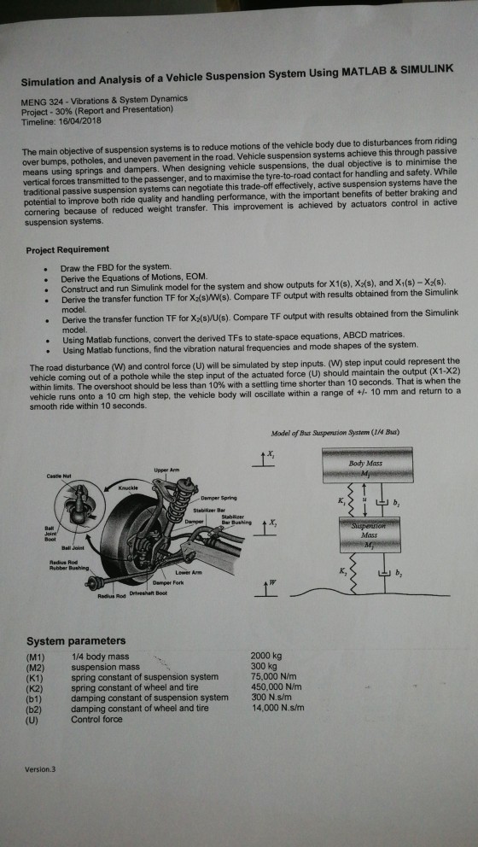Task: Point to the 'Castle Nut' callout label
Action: tap(52, 479)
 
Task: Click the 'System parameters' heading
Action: tap(76, 640)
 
